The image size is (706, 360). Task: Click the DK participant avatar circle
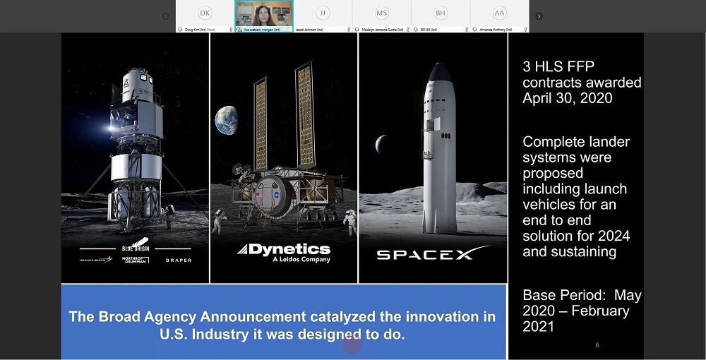[x=205, y=13]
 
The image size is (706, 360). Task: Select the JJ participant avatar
[x=323, y=13]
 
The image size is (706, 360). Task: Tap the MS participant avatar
[x=381, y=13]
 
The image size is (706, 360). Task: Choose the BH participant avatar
[x=441, y=13]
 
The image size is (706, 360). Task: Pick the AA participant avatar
[x=499, y=13]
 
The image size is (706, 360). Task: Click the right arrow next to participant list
[x=539, y=16]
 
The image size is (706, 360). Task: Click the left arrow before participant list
[x=165, y=16]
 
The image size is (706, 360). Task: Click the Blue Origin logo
[x=135, y=248]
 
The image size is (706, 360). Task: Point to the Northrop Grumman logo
[x=135, y=260]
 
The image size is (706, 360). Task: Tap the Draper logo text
[x=178, y=260]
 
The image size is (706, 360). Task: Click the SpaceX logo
[x=433, y=253]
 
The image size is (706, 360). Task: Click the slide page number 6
[x=597, y=345]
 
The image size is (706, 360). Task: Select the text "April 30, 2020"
[x=568, y=98]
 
